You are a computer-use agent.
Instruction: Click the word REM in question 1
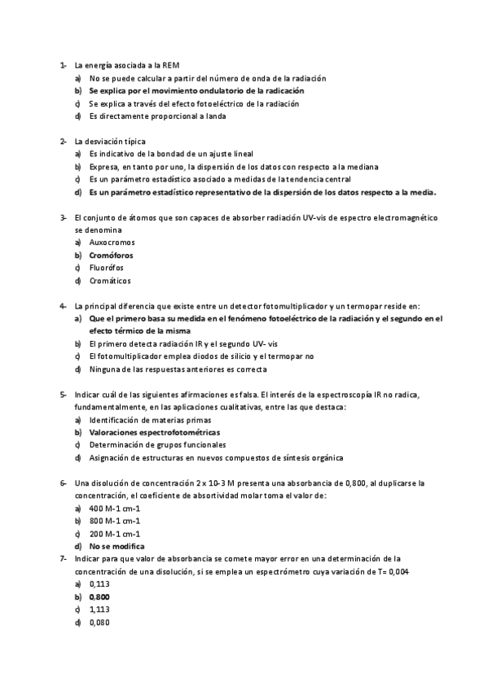click(x=171, y=65)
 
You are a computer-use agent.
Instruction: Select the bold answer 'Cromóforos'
click(x=112, y=255)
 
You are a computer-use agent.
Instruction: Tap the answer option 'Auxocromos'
click(x=112, y=242)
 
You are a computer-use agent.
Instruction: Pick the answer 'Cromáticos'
click(x=109, y=281)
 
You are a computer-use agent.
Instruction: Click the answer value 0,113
click(x=99, y=584)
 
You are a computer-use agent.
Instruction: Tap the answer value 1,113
click(x=99, y=609)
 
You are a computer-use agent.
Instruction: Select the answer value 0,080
click(x=99, y=622)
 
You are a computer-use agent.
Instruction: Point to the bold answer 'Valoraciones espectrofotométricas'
click(x=154, y=432)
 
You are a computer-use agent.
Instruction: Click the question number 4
click(x=63, y=306)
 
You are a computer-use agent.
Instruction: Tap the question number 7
click(x=63, y=558)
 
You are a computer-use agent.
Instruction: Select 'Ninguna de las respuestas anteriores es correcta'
click(x=178, y=369)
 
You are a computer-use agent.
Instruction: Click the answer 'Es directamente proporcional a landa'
click(x=157, y=116)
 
